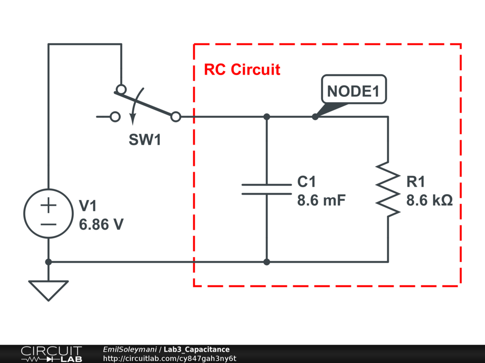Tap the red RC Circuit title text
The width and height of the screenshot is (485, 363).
(x=242, y=70)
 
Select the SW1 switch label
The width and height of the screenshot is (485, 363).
(x=145, y=140)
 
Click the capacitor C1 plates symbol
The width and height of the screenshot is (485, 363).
(x=267, y=189)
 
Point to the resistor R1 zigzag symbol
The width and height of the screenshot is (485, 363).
(x=388, y=190)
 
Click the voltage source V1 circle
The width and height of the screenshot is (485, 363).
(x=48, y=214)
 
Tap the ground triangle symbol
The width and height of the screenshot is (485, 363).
(x=48, y=290)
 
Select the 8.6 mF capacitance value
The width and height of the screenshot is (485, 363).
(x=322, y=200)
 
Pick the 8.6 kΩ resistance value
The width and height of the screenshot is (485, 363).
(x=430, y=200)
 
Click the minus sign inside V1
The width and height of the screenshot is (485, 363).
(x=48, y=224)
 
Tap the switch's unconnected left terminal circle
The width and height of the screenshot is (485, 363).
(x=115, y=116)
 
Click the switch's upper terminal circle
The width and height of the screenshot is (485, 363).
(x=121, y=89)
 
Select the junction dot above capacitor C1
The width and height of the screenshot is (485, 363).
(x=267, y=116)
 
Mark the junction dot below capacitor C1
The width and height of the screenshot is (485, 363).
(x=267, y=261)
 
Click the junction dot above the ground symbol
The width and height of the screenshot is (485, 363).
(x=48, y=261)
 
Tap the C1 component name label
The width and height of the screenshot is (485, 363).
(x=306, y=182)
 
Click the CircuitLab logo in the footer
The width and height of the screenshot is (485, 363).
(x=51, y=354)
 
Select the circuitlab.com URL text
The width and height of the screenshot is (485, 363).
(x=169, y=359)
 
